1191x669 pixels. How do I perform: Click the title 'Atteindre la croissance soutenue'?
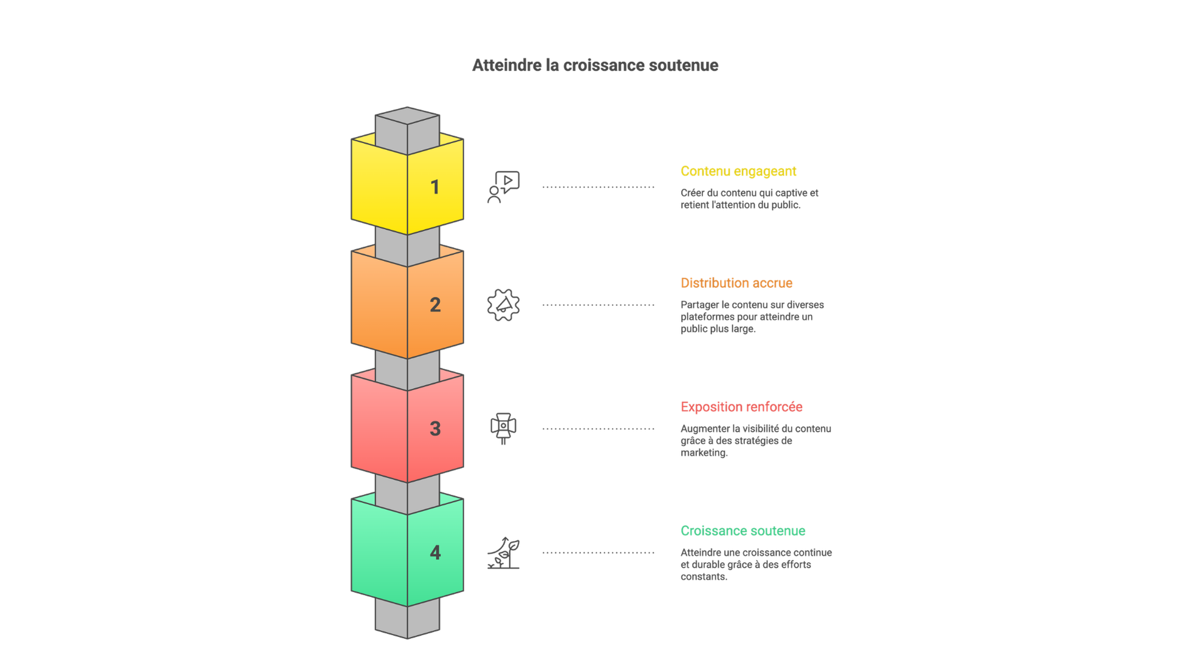point(595,66)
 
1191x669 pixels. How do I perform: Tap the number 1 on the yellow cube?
point(434,187)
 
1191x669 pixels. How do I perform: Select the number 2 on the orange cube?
point(434,305)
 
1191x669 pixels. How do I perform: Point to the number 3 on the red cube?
point(434,429)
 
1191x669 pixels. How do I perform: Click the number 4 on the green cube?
point(434,552)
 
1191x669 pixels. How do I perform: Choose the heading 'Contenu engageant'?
point(738,171)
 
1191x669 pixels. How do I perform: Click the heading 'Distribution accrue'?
point(736,283)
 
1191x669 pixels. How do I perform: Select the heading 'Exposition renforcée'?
point(741,407)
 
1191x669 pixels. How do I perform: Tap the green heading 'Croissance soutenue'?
point(743,531)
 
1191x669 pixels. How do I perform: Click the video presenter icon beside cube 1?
point(504,186)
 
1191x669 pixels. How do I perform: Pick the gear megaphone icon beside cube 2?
point(504,305)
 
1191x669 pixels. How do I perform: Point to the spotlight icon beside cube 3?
point(503,427)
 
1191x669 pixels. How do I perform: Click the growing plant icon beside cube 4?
point(504,552)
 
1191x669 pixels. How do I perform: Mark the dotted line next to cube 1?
point(599,187)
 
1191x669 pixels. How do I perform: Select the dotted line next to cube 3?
point(599,429)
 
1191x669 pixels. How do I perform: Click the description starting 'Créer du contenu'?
point(749,199)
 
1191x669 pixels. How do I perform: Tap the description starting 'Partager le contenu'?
point(752,316)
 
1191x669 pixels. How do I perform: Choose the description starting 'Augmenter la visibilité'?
point(755,440)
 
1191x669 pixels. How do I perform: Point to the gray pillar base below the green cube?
point(407,619)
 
